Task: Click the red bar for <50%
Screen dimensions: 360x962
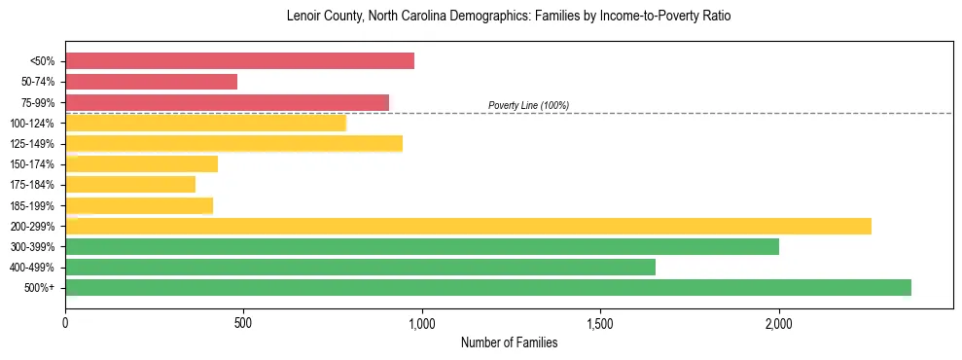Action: point(239,61)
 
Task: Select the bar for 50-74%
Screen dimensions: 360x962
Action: point(151,82)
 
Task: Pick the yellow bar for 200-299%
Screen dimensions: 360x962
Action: point(468,226)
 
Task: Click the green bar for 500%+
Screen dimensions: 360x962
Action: point(487,287)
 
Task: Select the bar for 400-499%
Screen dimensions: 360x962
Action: point(360,267)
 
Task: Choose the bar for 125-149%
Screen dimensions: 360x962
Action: point(233,144)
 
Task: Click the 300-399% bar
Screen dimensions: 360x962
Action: point(421,246)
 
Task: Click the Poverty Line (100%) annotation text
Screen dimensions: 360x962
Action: point(528,105)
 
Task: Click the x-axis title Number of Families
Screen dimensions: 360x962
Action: point(509,343)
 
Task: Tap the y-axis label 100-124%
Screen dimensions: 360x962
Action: point(32,124)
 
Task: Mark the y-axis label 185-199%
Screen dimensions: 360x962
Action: point(32,205)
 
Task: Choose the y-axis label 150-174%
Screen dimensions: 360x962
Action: point(32,164)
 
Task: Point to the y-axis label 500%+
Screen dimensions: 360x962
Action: point(40,288)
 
